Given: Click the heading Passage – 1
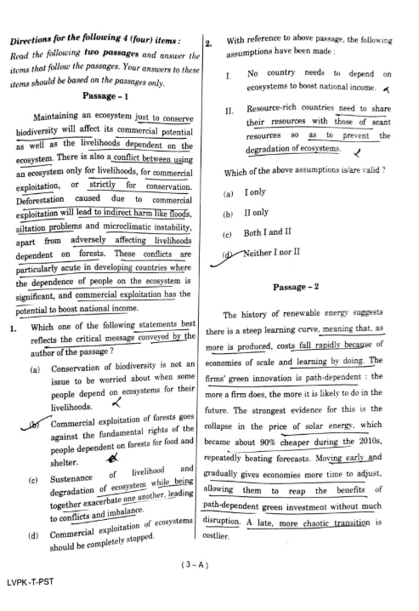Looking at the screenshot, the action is tap(105, 97).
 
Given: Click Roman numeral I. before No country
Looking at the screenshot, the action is tap(229, 75).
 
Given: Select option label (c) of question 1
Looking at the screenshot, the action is tap(33, 482).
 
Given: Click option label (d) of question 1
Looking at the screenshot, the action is tap(34, 537).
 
